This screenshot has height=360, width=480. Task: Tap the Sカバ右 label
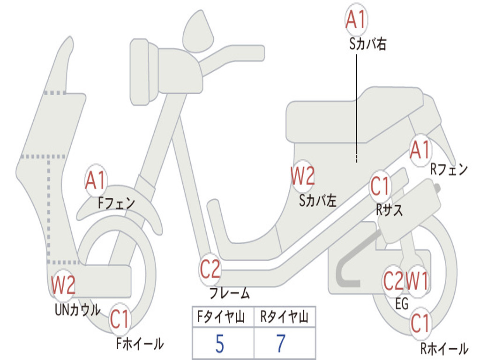click(x=367, y=45)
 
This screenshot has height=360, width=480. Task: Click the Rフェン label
click(x=449, y=170)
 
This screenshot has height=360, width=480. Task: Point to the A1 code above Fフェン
click(x=96, y=180)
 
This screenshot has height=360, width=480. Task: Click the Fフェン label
click(x=116, y=203)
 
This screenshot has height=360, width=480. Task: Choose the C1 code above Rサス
click(x=380, y=187)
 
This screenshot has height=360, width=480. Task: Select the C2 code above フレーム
click(x=210, y=270)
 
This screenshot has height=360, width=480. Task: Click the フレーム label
click(x=229, y=294)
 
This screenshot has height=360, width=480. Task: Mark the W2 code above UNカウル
click(x=63, y=285)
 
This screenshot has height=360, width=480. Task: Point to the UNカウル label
click(x=77, y=309)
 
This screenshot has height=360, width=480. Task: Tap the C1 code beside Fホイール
click(x=120, y=321)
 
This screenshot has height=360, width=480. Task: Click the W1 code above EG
click(x=417, y=281)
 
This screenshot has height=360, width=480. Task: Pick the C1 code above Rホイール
click(x=420, y=323)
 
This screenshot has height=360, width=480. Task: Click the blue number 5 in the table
click(x=219, y=344)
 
